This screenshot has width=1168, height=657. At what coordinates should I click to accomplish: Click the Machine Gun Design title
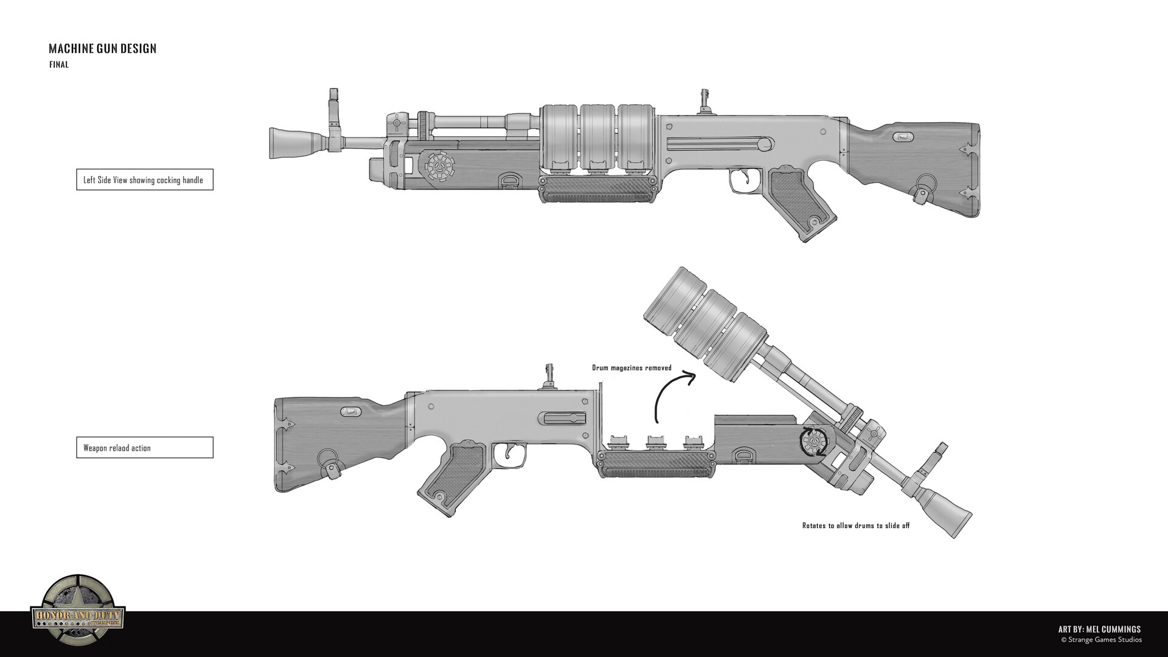coord(102,49)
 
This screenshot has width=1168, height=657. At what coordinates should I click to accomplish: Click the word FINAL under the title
coord(59,65)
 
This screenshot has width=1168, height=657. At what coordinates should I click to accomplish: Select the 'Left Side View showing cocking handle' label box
coord(144,180)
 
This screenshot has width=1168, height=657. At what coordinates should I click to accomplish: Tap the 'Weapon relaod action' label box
coord(144,448)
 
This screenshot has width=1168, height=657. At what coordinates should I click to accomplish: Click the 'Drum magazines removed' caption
coord(631,368)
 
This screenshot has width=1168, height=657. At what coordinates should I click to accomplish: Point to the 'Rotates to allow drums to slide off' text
coord(855,526)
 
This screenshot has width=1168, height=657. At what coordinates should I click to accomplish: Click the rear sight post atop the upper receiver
coord(706,101)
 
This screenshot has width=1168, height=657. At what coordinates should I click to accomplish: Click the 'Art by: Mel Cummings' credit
coord(1099,630)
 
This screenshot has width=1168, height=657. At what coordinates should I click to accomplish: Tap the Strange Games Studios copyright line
coord(1100,640)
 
